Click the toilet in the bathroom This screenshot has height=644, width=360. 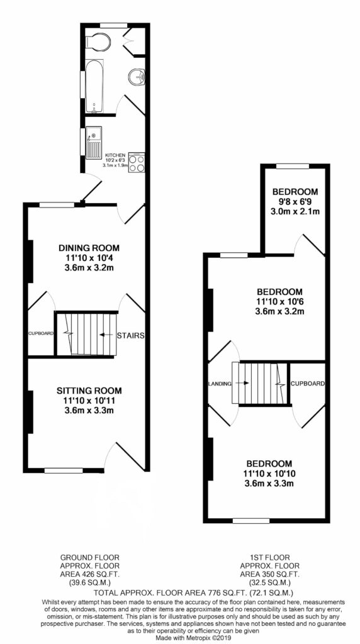point(98,42)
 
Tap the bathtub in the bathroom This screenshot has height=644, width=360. point(94,86)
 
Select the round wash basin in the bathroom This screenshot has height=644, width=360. point(137,77)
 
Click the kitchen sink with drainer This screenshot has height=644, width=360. point(94,142)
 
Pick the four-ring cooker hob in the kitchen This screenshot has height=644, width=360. point(137,162)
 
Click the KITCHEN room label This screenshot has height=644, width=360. point(115,155)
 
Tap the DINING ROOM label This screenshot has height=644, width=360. point(89,248)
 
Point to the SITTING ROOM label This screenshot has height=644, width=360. point(89,391)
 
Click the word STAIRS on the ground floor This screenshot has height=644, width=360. point(130,336)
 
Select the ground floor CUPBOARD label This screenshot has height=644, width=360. point(41,333)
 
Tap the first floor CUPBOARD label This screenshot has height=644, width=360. point(308,384)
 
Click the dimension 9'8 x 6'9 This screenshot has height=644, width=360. point(296,202)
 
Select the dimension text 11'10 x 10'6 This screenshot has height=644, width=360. point(279,302)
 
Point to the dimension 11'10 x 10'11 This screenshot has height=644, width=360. point(89,401)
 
